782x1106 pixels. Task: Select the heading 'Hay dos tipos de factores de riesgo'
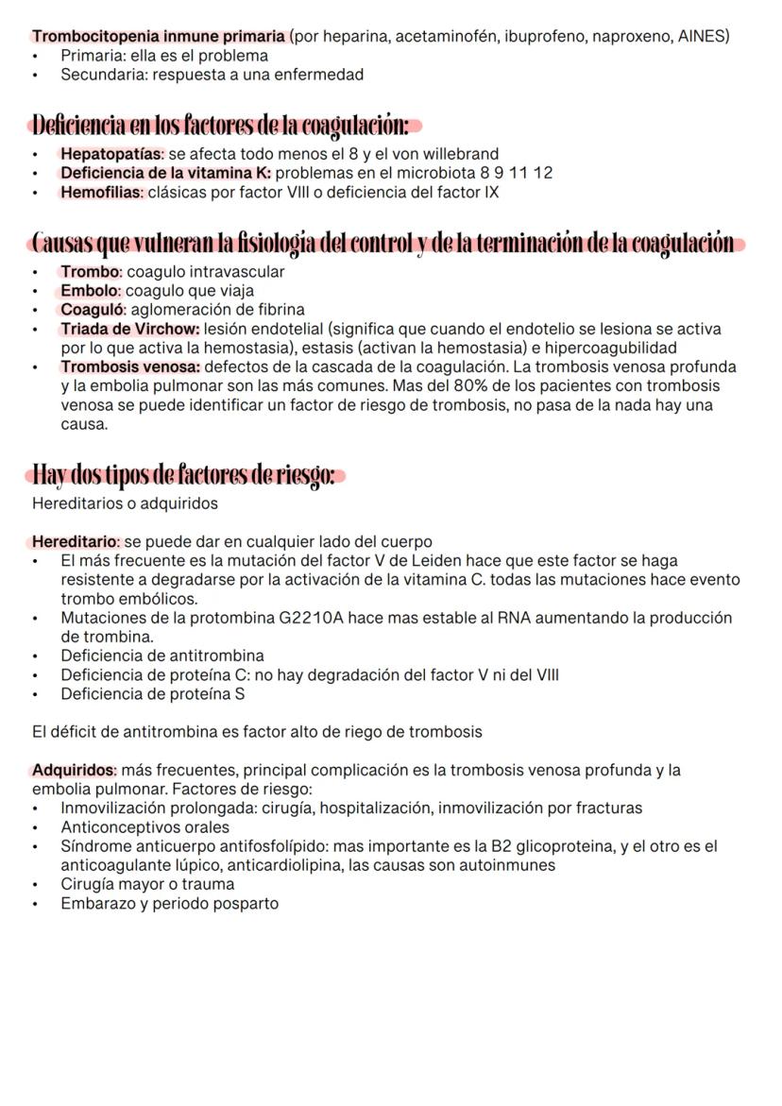tap(184, 474)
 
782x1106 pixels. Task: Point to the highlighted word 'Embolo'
tap(91, 291)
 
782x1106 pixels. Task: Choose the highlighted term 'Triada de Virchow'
tap(129, 329)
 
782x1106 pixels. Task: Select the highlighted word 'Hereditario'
tap(76, 542)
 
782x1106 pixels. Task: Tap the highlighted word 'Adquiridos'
tap(74, 770)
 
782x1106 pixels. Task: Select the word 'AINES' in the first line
tap(705, 37)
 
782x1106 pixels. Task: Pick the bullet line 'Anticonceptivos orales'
tap(144, 827)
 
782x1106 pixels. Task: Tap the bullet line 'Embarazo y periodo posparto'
tap(169, 903)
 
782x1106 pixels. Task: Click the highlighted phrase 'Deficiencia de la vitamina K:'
tap(165, 173)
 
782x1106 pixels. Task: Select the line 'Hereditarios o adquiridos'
tap(125, 503)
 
